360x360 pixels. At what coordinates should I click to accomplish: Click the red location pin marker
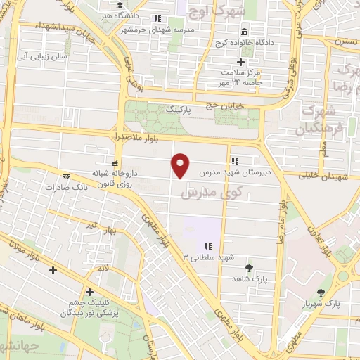click(181, 165)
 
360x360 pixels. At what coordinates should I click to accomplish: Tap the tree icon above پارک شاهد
click(249, 267)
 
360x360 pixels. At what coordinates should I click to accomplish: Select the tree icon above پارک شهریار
click(321, 292)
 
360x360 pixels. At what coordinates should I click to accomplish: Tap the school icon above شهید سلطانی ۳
click(208, 245)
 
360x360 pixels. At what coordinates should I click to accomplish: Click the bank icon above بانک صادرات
click(66, 176)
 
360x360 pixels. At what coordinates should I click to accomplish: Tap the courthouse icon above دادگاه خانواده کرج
click(244, 32)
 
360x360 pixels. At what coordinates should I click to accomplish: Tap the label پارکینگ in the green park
click(179, 110)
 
